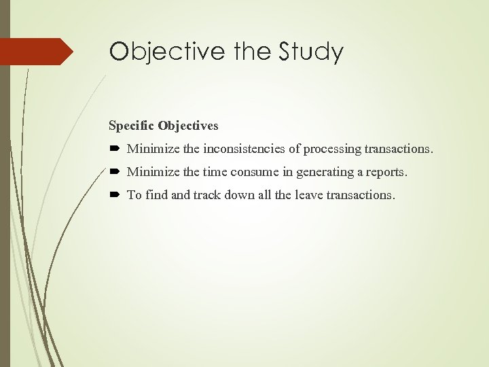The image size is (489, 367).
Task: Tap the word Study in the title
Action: [310, 52]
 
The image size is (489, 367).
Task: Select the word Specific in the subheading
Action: [131, 126]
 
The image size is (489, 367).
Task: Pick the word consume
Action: [247, 172]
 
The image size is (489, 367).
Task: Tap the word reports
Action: [387, 172]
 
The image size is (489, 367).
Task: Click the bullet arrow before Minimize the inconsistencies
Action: [114, 149]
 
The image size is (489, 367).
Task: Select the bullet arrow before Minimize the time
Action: [114, 172]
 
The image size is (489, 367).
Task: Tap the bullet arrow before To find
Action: [114, 195]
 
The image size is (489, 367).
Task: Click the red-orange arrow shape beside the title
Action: [37, 52]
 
